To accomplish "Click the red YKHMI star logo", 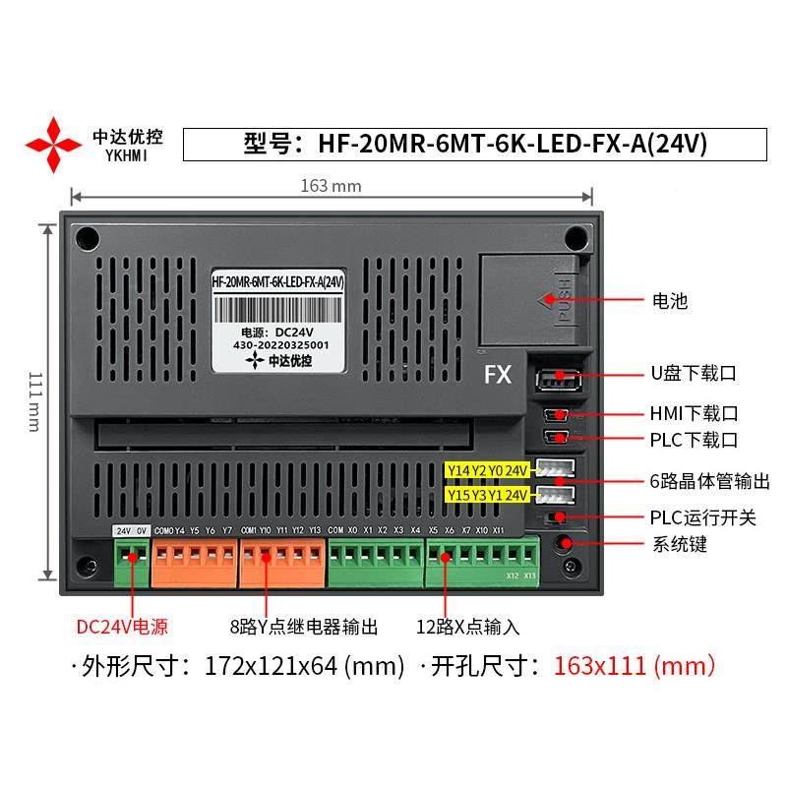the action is [x=53, y=145].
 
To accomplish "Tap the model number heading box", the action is [x=475, y=144].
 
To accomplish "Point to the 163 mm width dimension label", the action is [x=331, y=186].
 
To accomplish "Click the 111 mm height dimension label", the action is [x=33, y=400].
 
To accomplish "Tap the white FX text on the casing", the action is [x=499, y=375].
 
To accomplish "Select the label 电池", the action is [x=669, y=301].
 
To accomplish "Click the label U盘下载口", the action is [x=693, y=374].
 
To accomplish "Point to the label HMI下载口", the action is [x=693, y=413].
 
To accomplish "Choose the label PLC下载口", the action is [x=693, y=440].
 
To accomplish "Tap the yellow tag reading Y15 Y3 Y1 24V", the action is [x=487, y=494].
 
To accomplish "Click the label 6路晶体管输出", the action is [x=709, y=481].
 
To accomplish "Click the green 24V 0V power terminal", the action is [x=131, y=561].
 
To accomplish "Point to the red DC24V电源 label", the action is [x=122, y=627].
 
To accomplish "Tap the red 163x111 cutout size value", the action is [x=635, y=666].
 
